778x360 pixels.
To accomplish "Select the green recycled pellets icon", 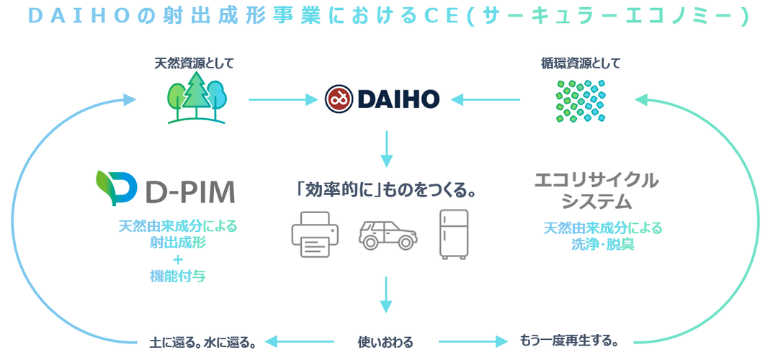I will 581,100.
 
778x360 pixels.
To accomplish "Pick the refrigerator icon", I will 454,234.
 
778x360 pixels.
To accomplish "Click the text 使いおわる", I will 386,341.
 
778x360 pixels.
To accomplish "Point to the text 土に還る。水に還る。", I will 203,341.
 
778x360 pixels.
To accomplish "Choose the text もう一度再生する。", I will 571,339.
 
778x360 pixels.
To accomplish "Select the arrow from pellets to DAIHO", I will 490,99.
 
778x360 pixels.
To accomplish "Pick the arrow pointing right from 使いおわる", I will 469,341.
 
